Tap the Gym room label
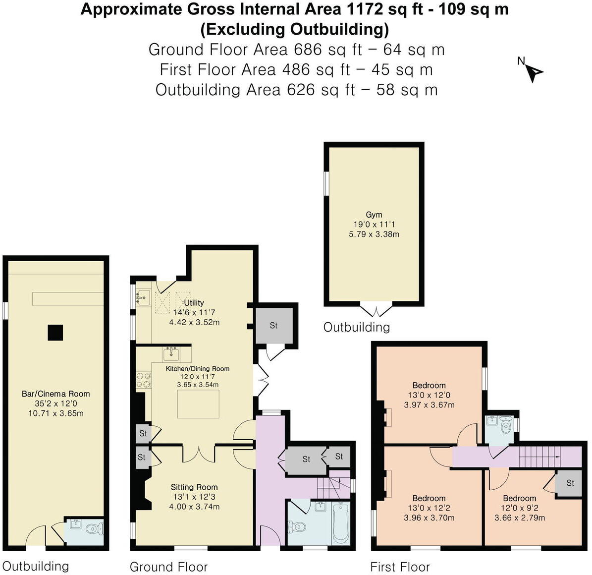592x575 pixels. [x=374, y=215]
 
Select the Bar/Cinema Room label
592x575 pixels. [x=56, y=394]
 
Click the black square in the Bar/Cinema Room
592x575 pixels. [x=55, y=332]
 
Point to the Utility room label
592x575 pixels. [x=194, y=302]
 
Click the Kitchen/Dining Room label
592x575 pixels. [x=198, y=369]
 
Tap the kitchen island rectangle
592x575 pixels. [x=198, y=404]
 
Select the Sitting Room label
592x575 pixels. [x=194, y=487]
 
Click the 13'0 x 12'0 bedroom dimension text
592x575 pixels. [x=429, y=395]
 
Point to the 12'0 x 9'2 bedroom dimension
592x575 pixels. [x=520, y=508]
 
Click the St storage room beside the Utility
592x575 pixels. [x=274, y=326]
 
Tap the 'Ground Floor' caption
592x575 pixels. [x=168, y=567]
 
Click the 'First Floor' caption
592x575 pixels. [x=400, y=567]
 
